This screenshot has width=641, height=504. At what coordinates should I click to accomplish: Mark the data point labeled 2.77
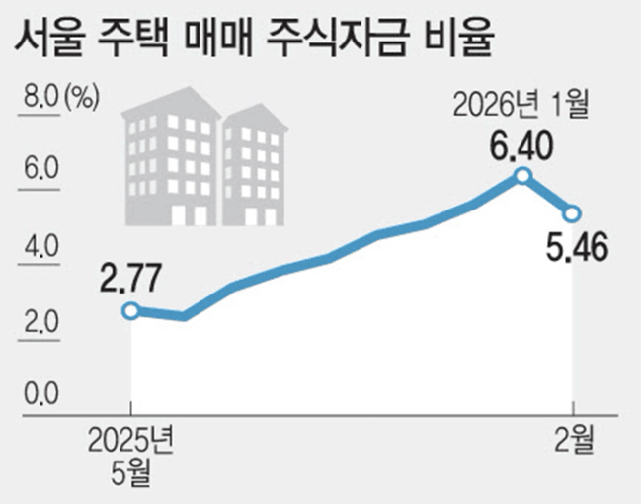click(131, 311)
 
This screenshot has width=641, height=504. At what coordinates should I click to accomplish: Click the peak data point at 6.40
click(523, 176)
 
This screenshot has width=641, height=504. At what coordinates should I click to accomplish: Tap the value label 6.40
click(521, 149)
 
